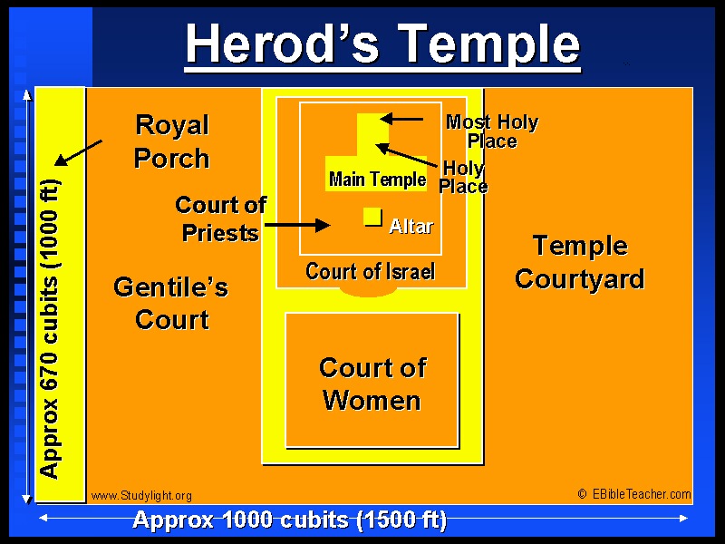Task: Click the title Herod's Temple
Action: (382, 44)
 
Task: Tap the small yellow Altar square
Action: (372, 217)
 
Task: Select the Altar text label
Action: (411, 226)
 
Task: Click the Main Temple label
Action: (377, 179)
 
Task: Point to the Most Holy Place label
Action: (492, 131)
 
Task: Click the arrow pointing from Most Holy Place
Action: (401, 119)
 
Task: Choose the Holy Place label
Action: (463, 177)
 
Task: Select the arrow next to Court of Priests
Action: (297, 225)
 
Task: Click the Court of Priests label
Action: (220, 219)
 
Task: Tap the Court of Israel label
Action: (370, 271)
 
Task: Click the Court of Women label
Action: (372, 384)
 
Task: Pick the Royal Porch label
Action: (172, 141)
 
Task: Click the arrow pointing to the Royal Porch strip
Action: (78, 152)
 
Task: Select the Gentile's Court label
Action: (171, 303)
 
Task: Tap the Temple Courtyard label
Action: (580, 262)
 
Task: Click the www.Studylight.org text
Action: (141, 496)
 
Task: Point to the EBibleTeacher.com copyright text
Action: (634, 494)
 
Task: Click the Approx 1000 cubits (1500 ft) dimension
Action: (289, 520)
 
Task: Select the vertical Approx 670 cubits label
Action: (50, 328)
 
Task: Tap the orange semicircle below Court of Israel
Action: (368, 291)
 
